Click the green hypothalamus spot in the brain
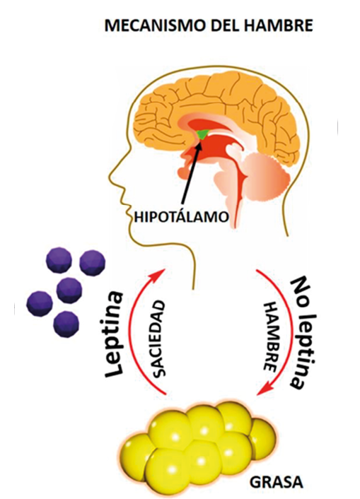tap(202, 134)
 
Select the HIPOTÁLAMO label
tap(181, 217)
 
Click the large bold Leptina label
tap(114, 335)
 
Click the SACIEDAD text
tap(158, 339)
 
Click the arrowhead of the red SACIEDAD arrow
tap(161, 274)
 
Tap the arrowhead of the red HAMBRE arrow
tap(263, 390)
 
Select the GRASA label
tap(276, 483)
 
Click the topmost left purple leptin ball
tap(59, 260)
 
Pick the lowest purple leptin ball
tap(66, 324)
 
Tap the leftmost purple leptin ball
tap(39, 303)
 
